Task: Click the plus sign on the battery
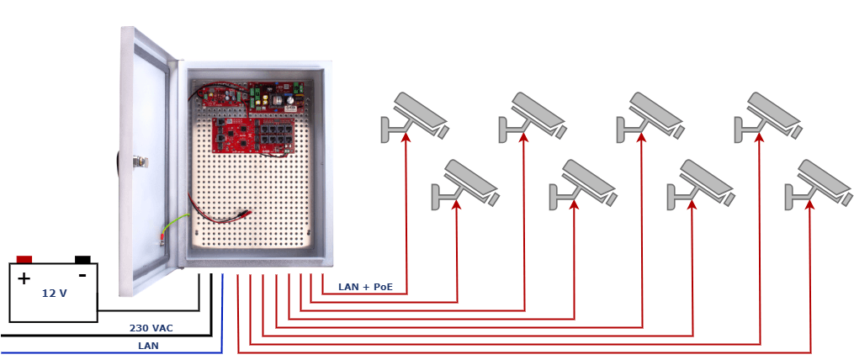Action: coord(24,279)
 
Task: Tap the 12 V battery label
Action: coord(55,294)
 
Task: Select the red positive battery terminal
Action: coord(24,259)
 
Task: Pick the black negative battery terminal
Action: coord(82,259)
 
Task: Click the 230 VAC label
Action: coord(151,328)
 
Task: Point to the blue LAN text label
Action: coord(148,346)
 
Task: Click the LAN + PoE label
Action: coord(365,287)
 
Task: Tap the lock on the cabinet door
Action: coord(139,161)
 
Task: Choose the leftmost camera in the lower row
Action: coord(465,184)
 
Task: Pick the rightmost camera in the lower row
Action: coord(818,184)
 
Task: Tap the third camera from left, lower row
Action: coord(700,184)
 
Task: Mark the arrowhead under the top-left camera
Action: coord(406,137)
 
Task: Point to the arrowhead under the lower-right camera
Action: coord(810,204)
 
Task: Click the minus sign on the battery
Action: coord(82,276)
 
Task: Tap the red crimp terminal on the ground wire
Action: coord(162,237)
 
